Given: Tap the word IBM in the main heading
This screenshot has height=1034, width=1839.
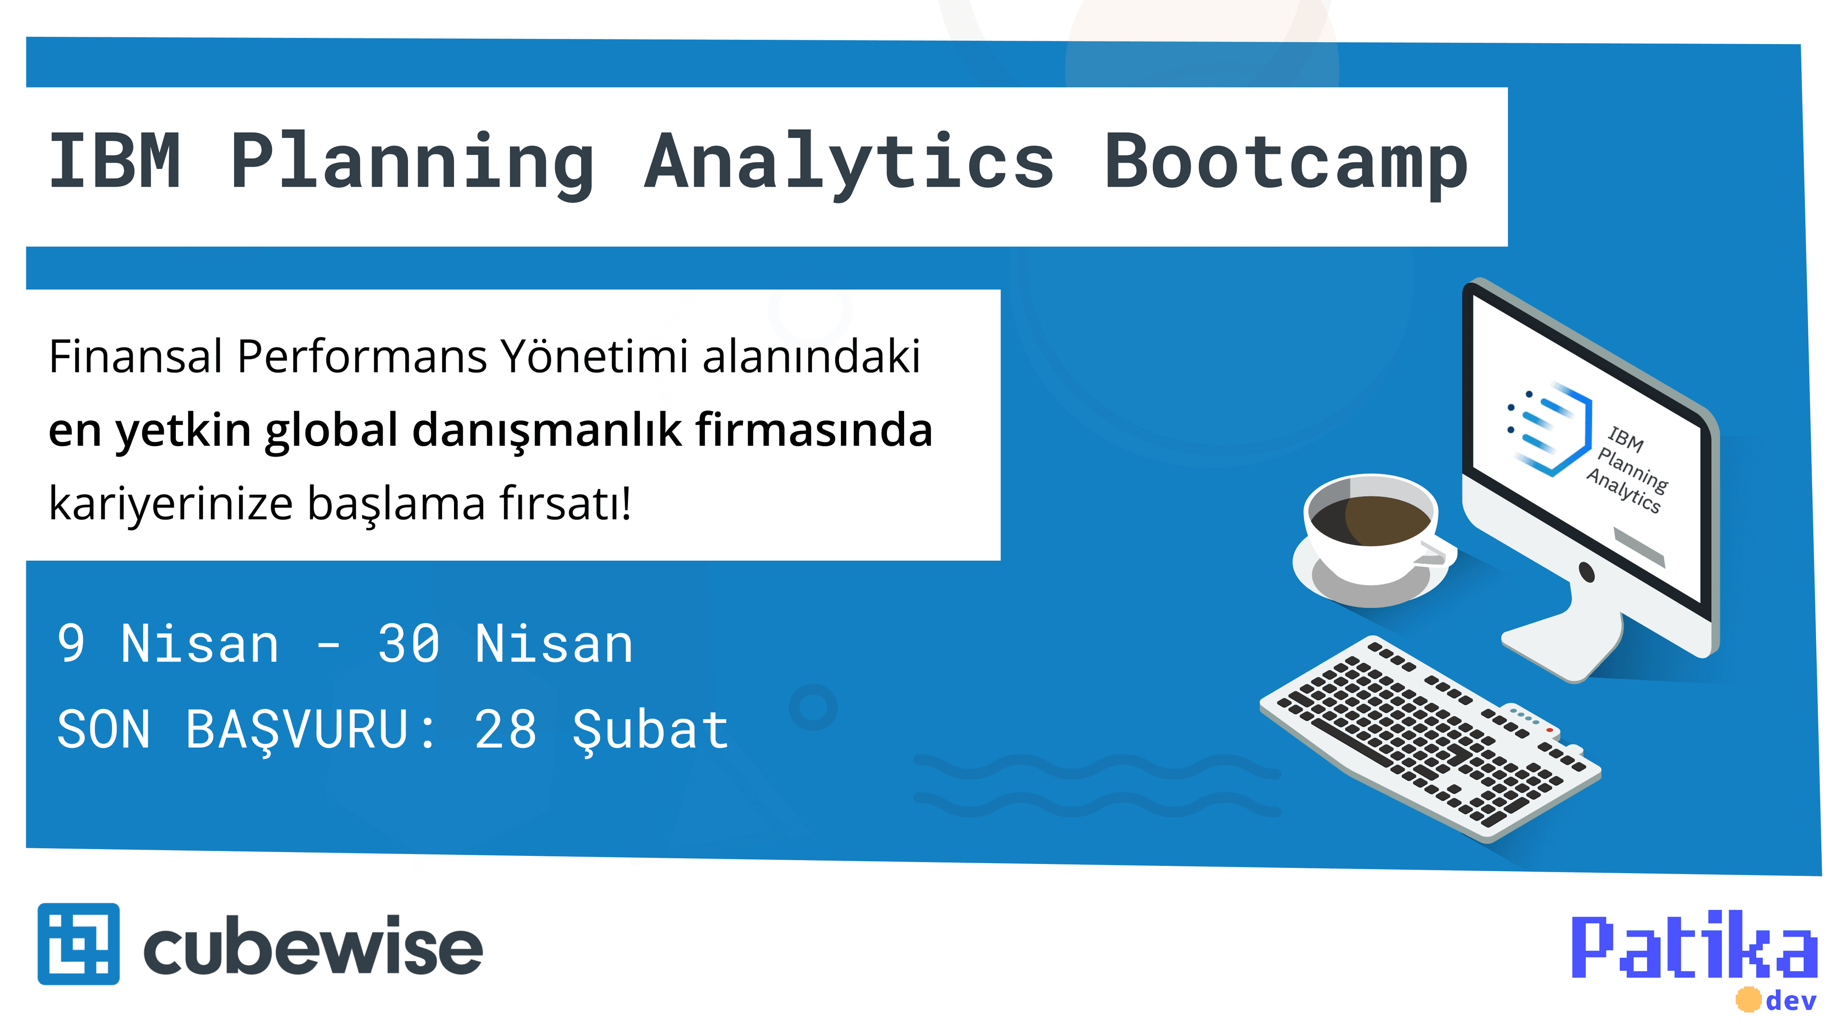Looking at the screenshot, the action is coord(114,162).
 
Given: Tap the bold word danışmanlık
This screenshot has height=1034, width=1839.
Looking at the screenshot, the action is coord(547,430).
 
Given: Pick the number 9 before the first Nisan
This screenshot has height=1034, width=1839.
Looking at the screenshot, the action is coord(71,644).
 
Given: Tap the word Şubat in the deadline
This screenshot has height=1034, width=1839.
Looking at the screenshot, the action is coord(650,731).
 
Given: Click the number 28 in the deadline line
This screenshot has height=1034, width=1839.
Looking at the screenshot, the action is coord(505,729).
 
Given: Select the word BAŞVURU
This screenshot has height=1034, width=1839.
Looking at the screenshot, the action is coord(296,731).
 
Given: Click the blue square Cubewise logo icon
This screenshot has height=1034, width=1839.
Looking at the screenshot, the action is coord(79,944).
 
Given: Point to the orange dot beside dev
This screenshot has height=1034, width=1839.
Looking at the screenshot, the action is coord(1748,1000).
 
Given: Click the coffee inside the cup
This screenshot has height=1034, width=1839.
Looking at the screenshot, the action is coord(1370,519).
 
